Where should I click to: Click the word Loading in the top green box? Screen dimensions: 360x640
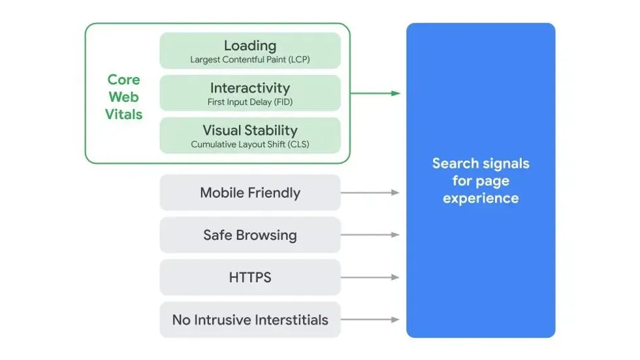pos(249,45)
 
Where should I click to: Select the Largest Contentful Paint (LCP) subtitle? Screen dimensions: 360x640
pos(249,59)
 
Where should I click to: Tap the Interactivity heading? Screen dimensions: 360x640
pos(249,88)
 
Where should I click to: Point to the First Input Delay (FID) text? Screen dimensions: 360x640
pos(249,102)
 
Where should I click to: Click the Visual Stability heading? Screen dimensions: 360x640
pos(249,130)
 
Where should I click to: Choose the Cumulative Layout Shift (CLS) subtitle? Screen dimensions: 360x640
pos(249,144)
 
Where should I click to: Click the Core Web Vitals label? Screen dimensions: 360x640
pos(123,97)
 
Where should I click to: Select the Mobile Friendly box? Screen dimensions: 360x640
pos(249,193)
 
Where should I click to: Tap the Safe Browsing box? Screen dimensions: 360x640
pos(249,235)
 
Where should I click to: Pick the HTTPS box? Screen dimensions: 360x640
pos(249,278)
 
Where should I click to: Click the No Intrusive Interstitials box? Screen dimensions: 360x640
pos(249,320)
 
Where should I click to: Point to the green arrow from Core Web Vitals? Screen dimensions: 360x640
pos(375,93)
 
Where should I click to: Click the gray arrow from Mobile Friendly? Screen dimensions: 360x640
pos(370,193)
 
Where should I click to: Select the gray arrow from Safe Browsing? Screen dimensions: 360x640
pos(370,235)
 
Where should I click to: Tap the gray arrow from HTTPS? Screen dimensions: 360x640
pos(370,278)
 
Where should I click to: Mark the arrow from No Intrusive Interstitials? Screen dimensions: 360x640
pos(370,320)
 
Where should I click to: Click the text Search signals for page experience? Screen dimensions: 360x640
pos(481,181)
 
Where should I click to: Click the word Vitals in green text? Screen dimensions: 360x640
pos(123,114)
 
